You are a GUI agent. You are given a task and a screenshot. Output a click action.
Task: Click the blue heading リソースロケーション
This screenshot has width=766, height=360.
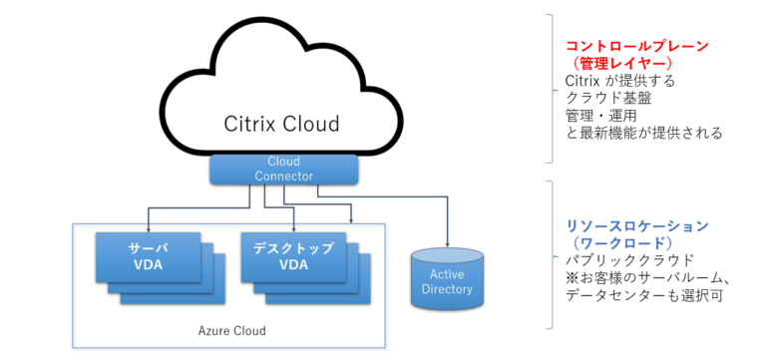(x=622, y=225)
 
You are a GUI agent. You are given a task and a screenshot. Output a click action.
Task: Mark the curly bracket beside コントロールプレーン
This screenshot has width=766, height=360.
(x=551, y=88)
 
